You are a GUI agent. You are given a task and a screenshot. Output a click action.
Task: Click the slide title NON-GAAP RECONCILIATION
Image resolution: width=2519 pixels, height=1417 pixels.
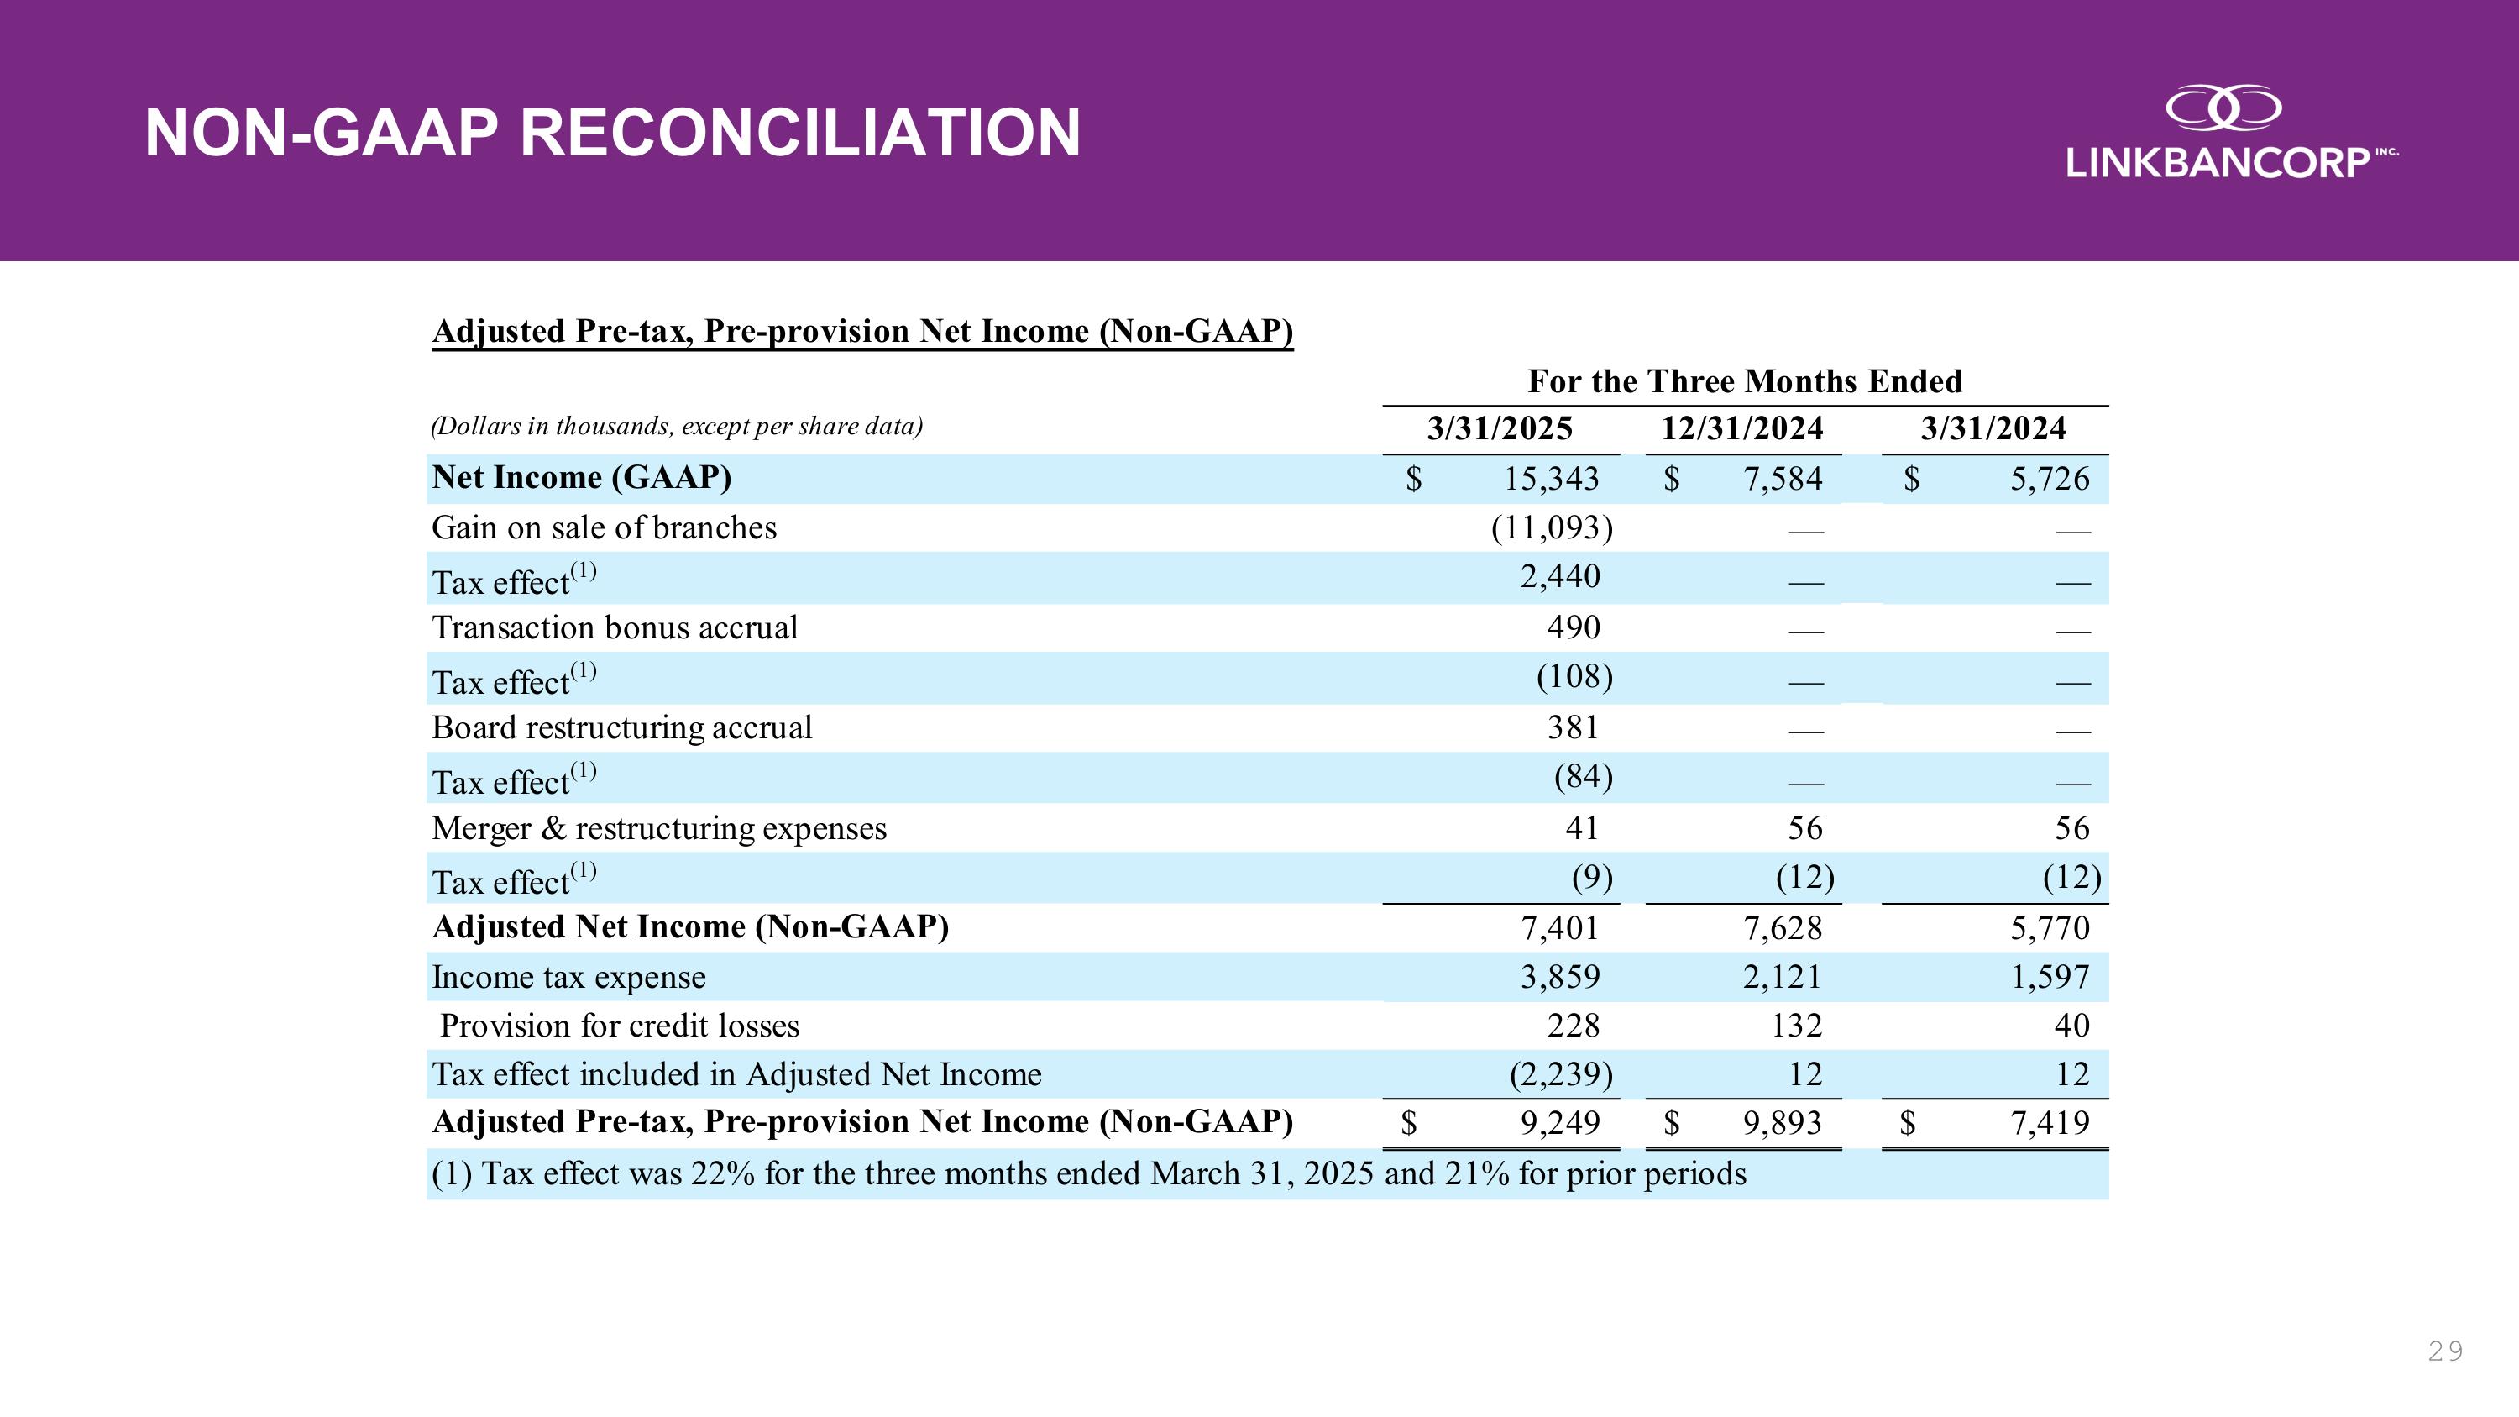[612, 132]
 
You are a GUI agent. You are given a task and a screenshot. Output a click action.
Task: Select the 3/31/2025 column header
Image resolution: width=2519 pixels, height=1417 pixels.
[1499, 428]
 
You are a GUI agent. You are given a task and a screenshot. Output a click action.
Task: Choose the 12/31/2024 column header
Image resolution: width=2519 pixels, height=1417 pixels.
[1741, 428]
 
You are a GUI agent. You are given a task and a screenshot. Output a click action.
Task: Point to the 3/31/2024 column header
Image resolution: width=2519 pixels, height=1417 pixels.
[1993, 428]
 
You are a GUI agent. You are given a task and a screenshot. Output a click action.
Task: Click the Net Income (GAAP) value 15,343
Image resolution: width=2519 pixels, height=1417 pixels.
[1551, 478]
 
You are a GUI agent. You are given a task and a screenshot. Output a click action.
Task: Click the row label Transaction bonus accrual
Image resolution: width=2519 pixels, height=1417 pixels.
[614, 627]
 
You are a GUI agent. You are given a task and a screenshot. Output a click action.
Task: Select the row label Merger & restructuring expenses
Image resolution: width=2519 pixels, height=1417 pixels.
[658, 828]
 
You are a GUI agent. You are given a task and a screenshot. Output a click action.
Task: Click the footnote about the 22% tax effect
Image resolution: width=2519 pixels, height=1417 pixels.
[1088, 1173]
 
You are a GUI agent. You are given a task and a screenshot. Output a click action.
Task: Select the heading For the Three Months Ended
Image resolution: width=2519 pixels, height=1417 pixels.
[1745, 380]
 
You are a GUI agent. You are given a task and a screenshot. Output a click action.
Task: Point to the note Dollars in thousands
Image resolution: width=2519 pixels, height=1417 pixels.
[677, 427]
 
